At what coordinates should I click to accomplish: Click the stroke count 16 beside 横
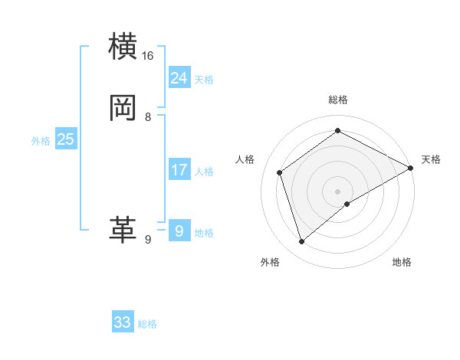click(148, 56)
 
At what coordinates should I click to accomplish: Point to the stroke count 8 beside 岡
click(148, 117)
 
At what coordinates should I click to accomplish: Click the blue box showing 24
click(179, 77)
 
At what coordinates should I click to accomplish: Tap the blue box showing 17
click(179, 169)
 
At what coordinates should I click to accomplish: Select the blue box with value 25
click(66, 139)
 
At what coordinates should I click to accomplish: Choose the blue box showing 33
click(123, 322)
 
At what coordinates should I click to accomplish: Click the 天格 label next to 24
click(204, 80)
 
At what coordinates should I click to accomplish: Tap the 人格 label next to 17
click(204, 172)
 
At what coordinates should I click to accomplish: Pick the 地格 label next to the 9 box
click(204, 233)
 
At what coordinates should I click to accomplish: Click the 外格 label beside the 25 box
click(41, 141)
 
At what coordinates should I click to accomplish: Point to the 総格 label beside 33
click(147, 325)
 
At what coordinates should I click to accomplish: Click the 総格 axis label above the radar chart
click(338, 100)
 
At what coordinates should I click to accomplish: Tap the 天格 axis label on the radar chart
click(431, 159)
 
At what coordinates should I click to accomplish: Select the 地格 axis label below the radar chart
click(402, 262)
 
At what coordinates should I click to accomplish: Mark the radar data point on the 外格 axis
click(301, 242)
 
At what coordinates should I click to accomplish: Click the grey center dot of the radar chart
click(338, 191)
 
